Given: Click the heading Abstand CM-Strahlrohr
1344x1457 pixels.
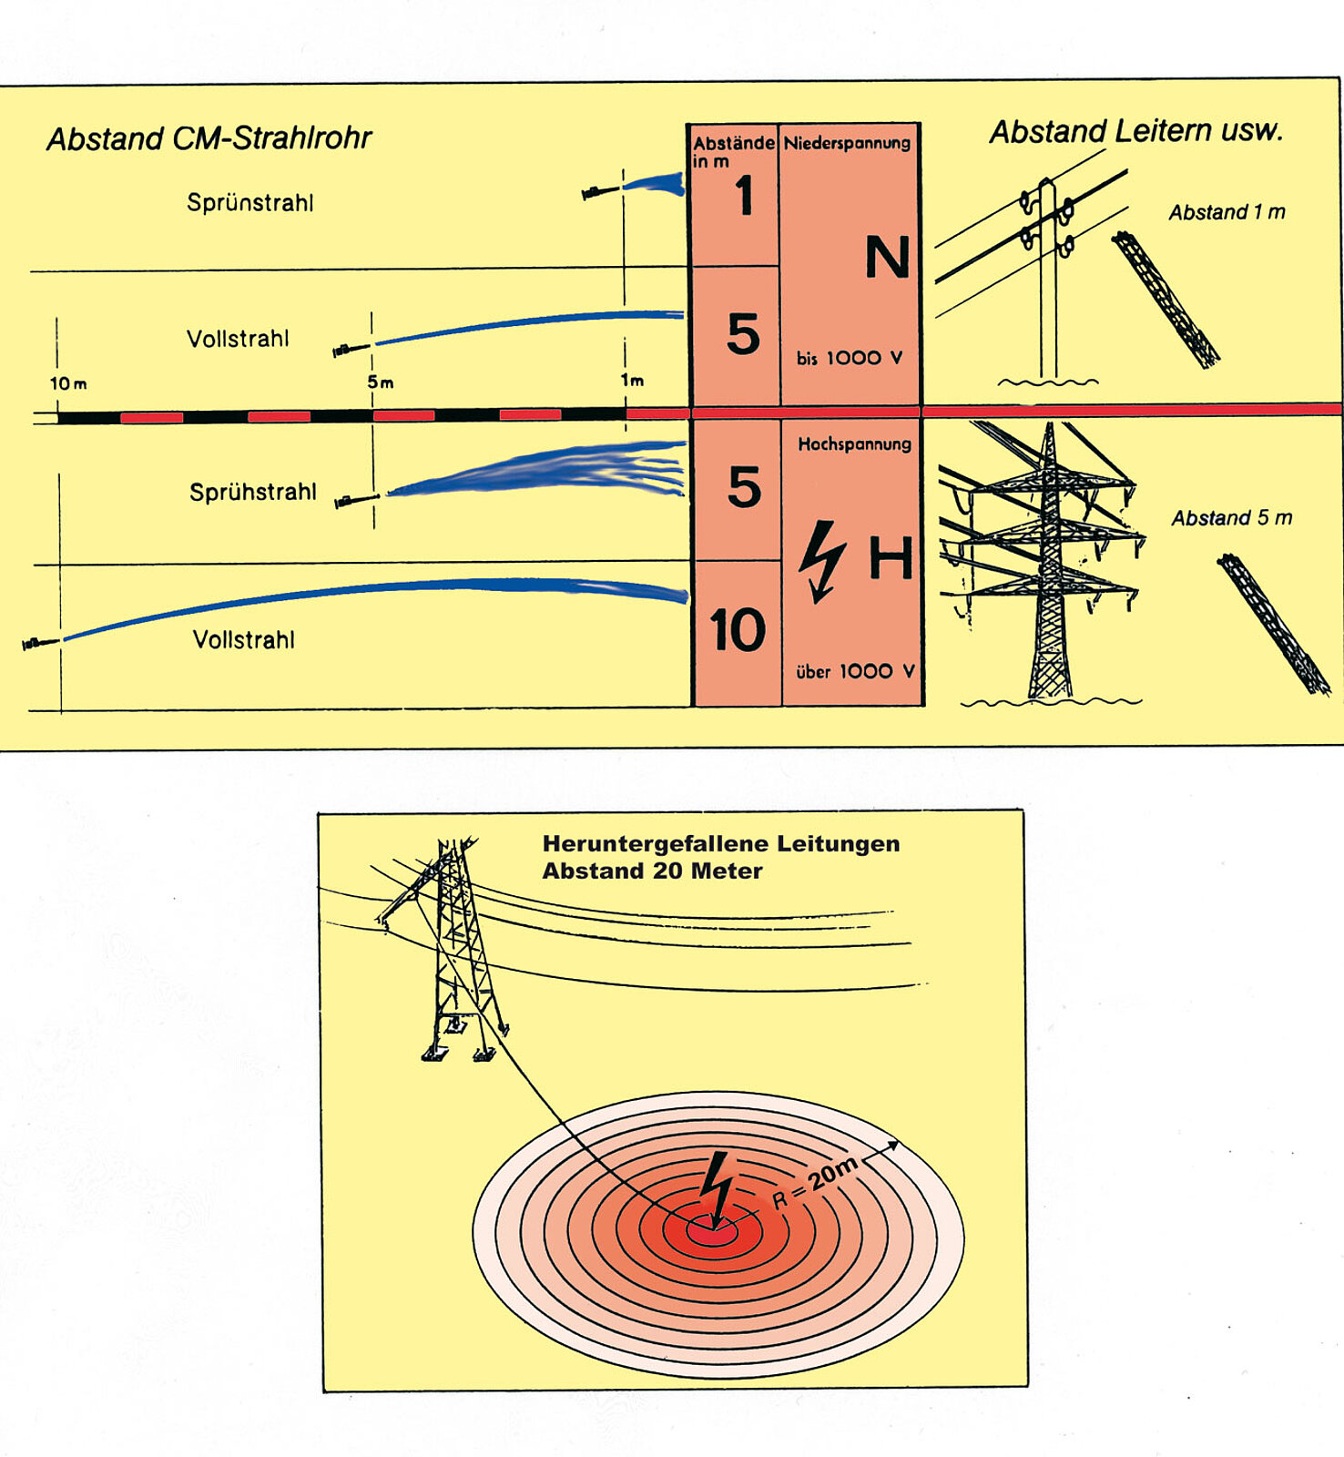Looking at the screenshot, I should click(209, 138).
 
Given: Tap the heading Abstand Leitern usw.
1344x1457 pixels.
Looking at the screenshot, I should click(1135, 131).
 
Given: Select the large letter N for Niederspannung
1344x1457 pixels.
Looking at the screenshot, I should click(886, 258).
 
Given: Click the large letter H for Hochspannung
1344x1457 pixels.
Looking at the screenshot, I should click(890, 558).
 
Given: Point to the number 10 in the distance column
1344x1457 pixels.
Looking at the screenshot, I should click(737, 630).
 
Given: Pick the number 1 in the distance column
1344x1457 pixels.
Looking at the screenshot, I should click(744, 196).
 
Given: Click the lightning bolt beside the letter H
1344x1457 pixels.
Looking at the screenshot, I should click(821, 561).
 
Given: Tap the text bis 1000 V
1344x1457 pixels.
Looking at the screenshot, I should click(849, 359).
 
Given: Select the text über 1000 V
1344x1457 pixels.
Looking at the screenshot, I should click(854, 672).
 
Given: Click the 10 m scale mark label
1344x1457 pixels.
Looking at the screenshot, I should click(68, 383).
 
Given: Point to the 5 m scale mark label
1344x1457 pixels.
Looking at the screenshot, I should click(381, 382).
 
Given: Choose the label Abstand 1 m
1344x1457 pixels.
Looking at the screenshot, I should click(1227, 212).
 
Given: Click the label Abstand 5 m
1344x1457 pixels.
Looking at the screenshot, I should click(1231, 518).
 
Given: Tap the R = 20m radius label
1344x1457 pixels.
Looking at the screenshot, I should click(815, 1183).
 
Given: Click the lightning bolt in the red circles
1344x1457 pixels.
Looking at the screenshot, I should click(717, 1187).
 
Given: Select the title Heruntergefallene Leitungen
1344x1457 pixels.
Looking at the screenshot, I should click(720, 844).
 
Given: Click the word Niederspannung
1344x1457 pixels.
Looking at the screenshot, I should click(847, 143).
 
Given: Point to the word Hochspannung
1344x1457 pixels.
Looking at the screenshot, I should click(854, 444).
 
